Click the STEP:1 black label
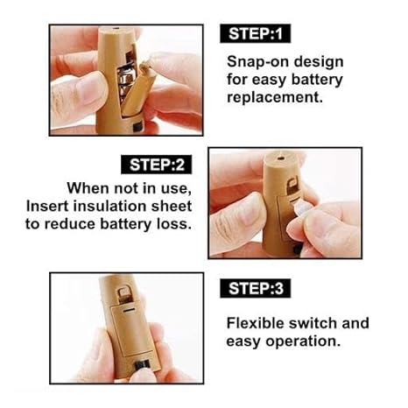pyautogui.click(x=256, y=33)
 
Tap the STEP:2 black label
pyautogui.click(x=157, y=165)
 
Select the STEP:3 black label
pyautogui.click(x=256, y=288)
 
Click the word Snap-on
pyautogui.click(x=258, y=62)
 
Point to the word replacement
pyautogui.click(x=275, y=97)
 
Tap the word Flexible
pyautogui.click(x=255, y=323)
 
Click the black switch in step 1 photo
pyautogui.click(x=137, y=127)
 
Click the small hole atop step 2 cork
pyautogui.click(x=281, y=158)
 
